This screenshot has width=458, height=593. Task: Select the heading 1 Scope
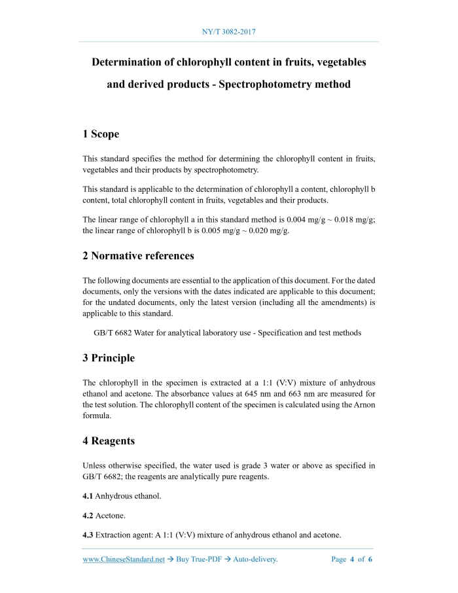101,134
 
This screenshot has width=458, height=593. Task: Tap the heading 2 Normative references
138,255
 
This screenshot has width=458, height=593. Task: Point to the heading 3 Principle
109,358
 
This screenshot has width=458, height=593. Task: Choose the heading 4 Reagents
109,441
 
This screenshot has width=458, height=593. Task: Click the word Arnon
363,405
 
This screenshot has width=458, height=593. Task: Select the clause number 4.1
88,496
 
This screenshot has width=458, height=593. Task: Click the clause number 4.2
88,516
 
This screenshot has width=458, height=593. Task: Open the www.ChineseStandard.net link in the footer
123,560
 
